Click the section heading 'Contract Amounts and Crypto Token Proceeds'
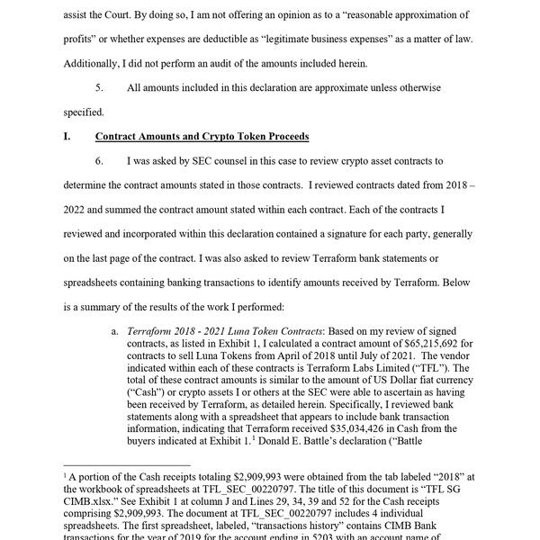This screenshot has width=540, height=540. pos(202,137)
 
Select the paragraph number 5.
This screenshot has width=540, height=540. pos(100,89)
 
